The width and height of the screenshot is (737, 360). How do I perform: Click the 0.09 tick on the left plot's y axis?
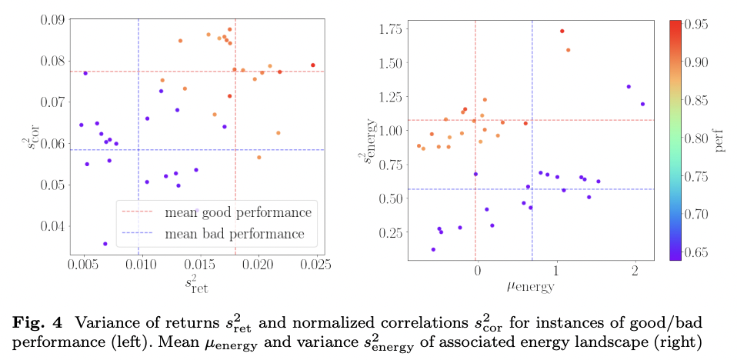coord(52,19)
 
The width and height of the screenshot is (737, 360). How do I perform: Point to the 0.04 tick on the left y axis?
coord(52,226)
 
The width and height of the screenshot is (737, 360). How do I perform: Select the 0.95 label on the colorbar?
coord(699,24)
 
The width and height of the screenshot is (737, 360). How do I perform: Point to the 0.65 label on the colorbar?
coord(699,252)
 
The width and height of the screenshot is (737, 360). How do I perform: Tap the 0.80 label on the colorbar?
coord(699,138)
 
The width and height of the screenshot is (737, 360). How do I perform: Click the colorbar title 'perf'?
coord(722,139)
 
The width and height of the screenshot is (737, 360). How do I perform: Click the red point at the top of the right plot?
coord(562,32)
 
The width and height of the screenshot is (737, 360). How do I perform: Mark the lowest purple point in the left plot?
coord(105,244)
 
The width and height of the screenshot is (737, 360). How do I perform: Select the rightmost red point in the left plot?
coord(313,65)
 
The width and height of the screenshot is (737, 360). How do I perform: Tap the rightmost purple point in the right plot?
coord(642,104)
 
